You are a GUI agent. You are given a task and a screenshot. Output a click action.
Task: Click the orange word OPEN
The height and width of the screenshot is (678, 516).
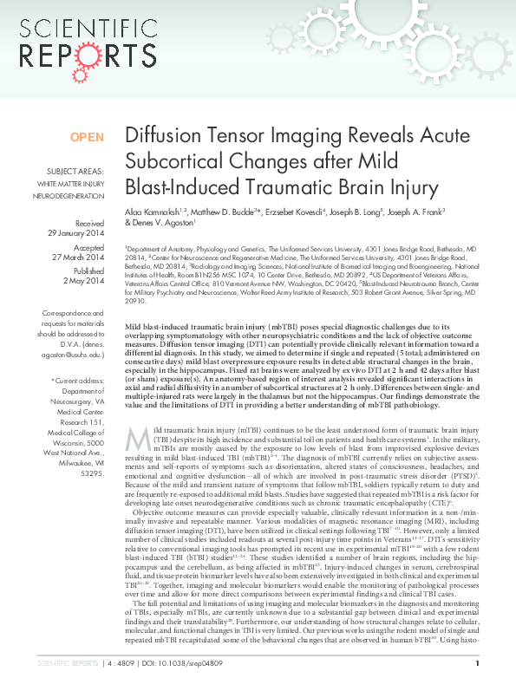(x=87, y=137)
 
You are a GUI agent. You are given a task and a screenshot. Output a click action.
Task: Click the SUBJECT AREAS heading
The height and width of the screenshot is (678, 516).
(x=75, y=172)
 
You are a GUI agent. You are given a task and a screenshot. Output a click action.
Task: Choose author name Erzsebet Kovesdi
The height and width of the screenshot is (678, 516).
(x=296, y=211)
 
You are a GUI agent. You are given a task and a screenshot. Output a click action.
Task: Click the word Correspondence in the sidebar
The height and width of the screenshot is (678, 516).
(x=74, y=313)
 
